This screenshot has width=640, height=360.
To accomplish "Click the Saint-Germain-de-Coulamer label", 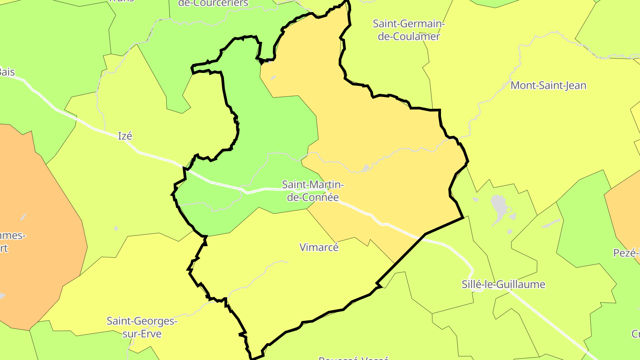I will click(x=408, y=30).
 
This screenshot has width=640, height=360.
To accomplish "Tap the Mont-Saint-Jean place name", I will click(x=548, y=85).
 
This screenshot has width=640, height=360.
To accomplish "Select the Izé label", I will click(x=125, y=136).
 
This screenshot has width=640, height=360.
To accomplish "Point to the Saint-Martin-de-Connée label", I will click(x=313, y=191).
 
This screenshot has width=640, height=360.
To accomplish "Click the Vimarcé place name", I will click(x=319, y=247).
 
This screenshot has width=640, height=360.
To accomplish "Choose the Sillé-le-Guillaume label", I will click(x=503, y=284).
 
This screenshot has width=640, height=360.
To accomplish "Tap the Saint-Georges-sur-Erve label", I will click(x=142, y=327).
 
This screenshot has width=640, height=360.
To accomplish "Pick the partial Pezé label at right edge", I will click(x=626, y=253).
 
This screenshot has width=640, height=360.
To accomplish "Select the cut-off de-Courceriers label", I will click(x=213, y=4).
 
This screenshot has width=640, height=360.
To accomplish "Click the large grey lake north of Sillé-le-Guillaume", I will click(x=498, y=204).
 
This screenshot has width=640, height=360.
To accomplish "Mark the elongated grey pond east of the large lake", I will click(x=551, y=223).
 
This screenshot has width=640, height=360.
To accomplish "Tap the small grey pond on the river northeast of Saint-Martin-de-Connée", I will click(x=366, y=168).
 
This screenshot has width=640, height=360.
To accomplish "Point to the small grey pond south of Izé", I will click(x=116, y=228).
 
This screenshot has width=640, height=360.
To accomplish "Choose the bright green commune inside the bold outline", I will click(x=267, y=133).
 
